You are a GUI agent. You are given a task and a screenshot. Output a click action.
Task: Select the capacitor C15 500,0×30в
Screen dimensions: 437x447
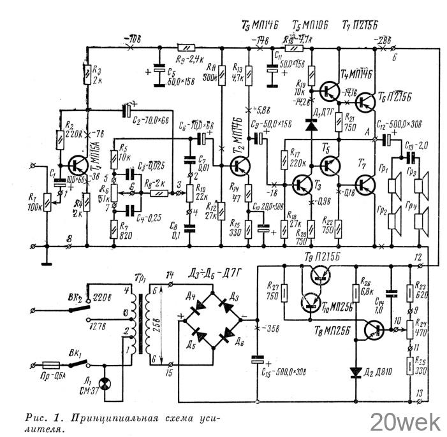click(x=257, y=360)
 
